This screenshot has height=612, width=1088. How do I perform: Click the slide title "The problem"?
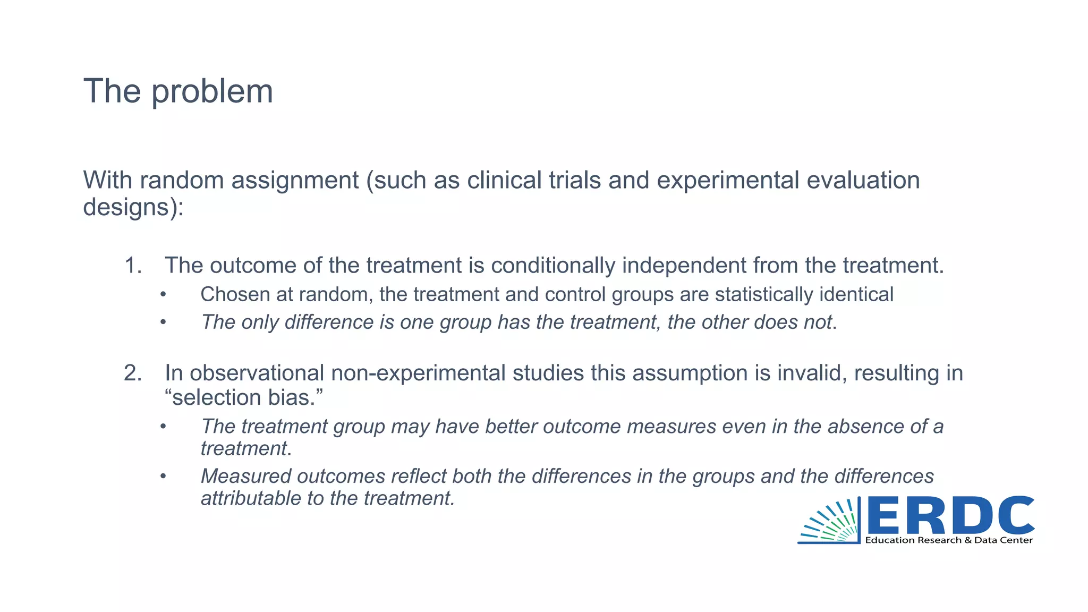click(x=178, y=91)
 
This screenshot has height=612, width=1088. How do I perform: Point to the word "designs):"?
click(x=133, y=207)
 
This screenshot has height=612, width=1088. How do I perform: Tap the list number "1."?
click(x=133, y=266)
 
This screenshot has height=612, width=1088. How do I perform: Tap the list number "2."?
click(x=133, y=373)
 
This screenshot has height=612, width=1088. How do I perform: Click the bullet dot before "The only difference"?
click(x=163, y=322)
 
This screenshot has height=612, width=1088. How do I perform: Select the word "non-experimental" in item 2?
click(x=418, y=373)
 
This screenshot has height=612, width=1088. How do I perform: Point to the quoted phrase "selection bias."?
click(x=244, y=397)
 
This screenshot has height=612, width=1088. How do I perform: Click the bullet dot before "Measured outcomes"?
click(x=163, y=477)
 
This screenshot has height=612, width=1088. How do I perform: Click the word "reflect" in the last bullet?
click(x=419, y=477)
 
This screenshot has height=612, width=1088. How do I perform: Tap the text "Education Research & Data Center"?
click(x=949, y=540)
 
